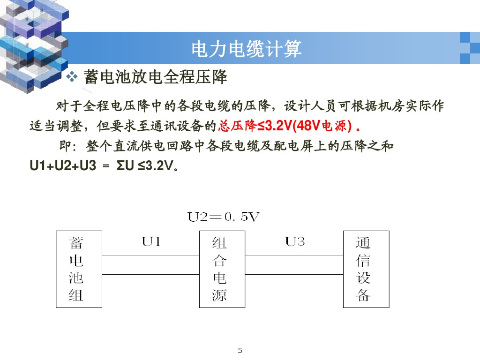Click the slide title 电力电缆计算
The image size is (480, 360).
246,49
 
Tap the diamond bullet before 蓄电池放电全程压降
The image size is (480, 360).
72,76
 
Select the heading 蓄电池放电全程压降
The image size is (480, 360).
156,76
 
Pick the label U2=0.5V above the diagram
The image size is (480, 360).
224,217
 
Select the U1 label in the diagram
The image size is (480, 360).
151,242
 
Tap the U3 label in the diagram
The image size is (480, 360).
295,242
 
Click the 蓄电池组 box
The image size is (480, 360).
79,269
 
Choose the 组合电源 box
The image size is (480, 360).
222,269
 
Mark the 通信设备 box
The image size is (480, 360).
366,269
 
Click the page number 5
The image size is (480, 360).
240,350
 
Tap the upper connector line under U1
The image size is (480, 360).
150,255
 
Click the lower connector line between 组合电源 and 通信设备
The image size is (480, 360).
294,274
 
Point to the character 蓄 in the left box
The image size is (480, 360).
76,243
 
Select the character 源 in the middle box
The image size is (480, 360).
219,296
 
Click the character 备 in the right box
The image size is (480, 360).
363,296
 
